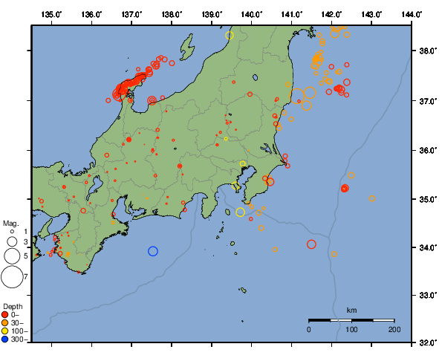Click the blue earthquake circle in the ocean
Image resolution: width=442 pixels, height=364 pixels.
pyautogui.click(x=153, y=251)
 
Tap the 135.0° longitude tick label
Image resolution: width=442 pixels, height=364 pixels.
pyautogui.click(x=51, y=14)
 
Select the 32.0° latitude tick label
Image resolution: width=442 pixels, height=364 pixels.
pyautogui.click(x=427, y=343)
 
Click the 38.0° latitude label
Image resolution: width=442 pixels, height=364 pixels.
pyautogui.click(x=427, y=51)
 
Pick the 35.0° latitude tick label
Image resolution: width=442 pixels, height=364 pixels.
pyautogui.click(x=427, y=199)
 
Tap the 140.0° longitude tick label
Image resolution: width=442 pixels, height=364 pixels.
pyautogui.click(x=251, y=14)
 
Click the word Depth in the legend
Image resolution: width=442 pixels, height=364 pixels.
pyautogui.click(x=13, y=306)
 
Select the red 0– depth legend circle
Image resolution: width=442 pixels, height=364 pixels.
pyautogui.click(x=6, y=315)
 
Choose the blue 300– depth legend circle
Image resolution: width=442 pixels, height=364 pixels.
pyautogui.click(x=6, y=339)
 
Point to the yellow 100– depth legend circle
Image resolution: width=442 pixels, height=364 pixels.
pyautogui.click(x=6, y=331)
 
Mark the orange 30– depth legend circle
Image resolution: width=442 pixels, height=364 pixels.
pyautogui.click(x=6, y=323)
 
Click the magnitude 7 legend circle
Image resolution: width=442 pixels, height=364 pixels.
pyautogui.click(x=11, y=277)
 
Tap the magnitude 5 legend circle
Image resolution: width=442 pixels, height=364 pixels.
pyautogui.click(x=11, y=256)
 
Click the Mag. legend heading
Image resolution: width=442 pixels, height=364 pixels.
pyautogui.click(x=10, y=223)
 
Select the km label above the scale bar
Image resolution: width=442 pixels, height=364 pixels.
pyautogui.click(x=351, y=310)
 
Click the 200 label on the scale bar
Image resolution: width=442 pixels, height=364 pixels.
pyautogui.click(x=394, y=328)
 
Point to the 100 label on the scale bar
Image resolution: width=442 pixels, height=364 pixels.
pyautogui.click(x=351, y=328)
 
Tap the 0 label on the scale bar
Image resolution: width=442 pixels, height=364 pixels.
pyautogui.click(x=309, y=328)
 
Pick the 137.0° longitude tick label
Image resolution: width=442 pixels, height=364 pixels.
pyautogui.click(x=131, y=14)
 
